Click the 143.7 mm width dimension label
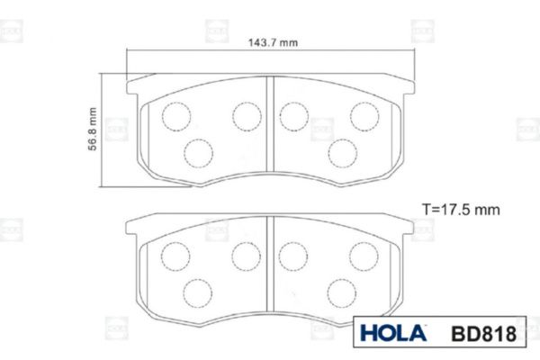[x=273, y=42]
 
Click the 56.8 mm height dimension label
[x=93, y=129]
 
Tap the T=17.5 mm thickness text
[x=461, y=210]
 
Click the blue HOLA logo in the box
[x=393, y=333]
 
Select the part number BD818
[x=484, y=334]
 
